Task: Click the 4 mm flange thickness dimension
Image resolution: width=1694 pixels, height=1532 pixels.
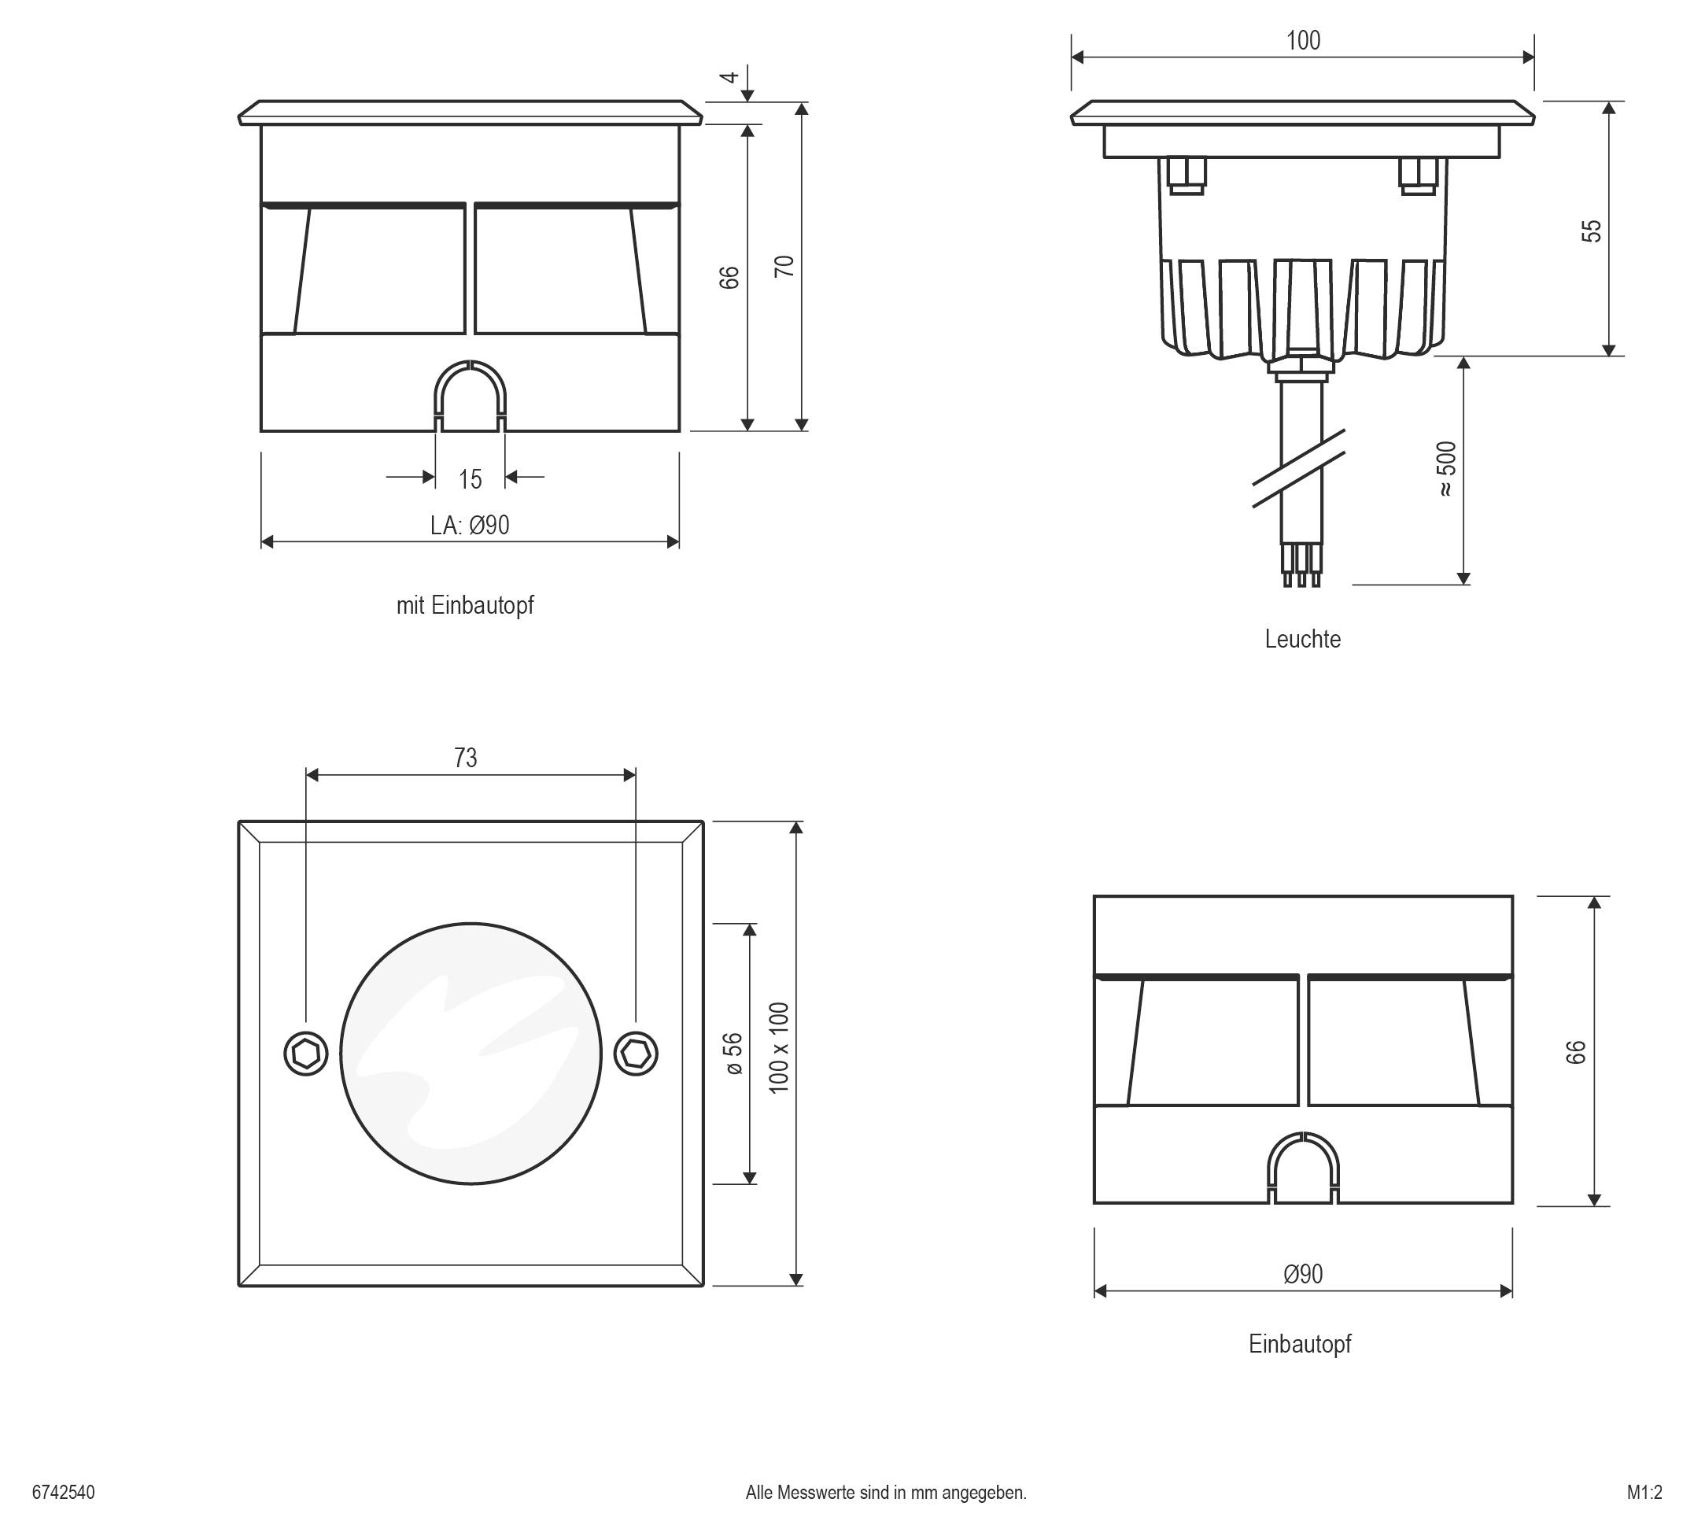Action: [x=729, y=77]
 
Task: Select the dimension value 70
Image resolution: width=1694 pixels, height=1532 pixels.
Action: [x=783, y=267]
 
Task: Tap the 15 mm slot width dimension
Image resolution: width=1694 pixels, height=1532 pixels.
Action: [x=470, y=479]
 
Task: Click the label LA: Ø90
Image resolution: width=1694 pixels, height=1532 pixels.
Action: [x=470, y=526]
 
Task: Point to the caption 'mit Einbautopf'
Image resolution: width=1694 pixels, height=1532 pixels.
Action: [x=465, y=605]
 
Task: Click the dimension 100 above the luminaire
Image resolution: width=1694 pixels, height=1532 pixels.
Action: [x=1303, y=40]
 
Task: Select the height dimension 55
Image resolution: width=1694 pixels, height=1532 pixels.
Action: [x=1592, y=231]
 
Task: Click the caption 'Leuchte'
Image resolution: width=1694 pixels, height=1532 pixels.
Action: [x=1302, y=639]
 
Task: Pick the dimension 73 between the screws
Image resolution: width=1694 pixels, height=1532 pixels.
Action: [x=466, y=758]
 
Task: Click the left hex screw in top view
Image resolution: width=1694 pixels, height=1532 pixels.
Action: [x=306, y=1053]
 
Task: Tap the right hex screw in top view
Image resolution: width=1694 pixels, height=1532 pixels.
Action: [x=636, y=1053]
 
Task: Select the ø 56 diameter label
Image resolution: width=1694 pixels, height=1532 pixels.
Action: [x=733, y=1053]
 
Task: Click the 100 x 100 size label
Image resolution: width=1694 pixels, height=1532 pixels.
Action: [x=779, y=1048]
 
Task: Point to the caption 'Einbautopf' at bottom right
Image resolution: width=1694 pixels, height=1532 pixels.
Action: [x=1300, y=1344]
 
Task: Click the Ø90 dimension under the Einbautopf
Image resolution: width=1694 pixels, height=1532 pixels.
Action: [x=1302, y=1274]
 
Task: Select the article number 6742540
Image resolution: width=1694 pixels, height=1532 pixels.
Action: [x=63, y=1493]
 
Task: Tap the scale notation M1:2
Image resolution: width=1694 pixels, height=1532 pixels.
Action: [x=1644, y=1493]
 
